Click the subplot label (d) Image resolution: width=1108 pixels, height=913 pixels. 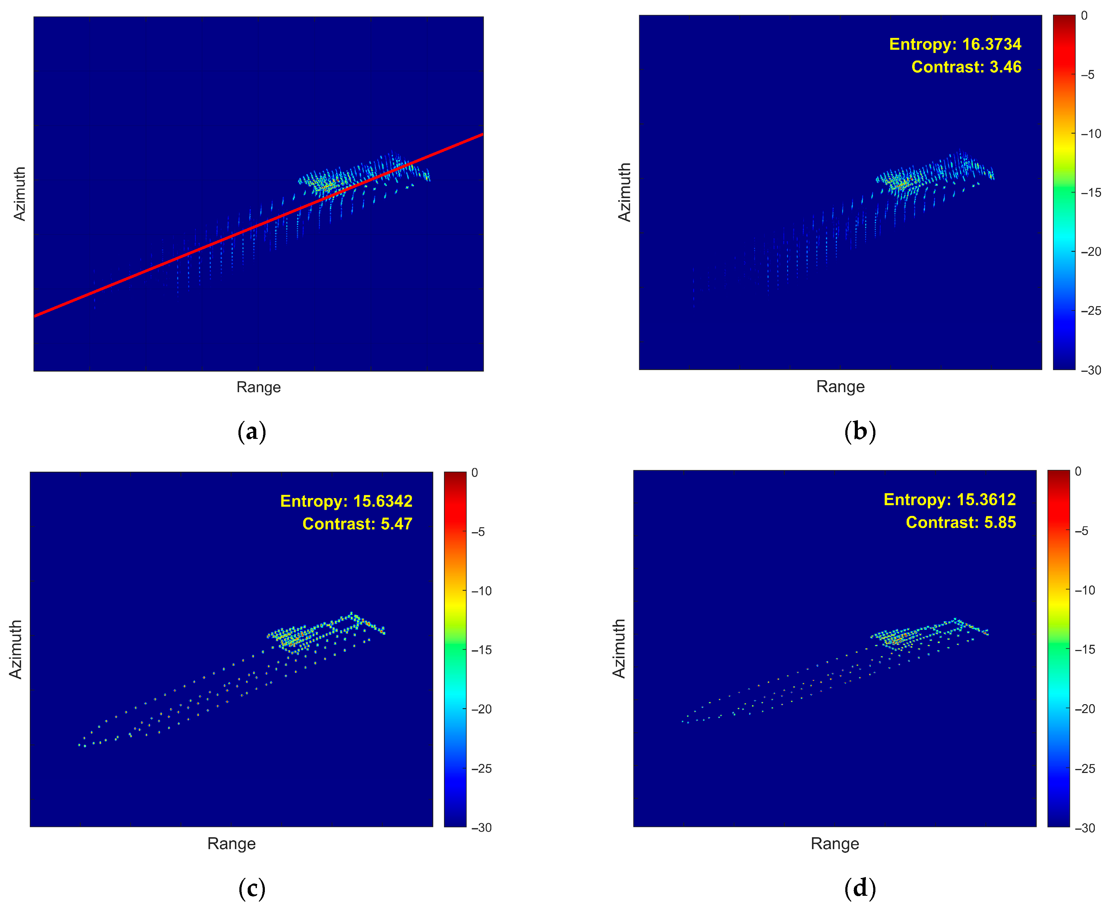(x=860, y=889)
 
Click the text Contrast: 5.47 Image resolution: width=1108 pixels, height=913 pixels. (x=357, y=524)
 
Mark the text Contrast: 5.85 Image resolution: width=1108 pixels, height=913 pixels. (x=961, y=523)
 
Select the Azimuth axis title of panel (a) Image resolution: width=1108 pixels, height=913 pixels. (x=19, y=193)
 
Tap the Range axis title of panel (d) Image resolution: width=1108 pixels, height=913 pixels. (x=835, y=844)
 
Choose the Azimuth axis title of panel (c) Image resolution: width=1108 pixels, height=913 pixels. (x=16, y=650)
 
